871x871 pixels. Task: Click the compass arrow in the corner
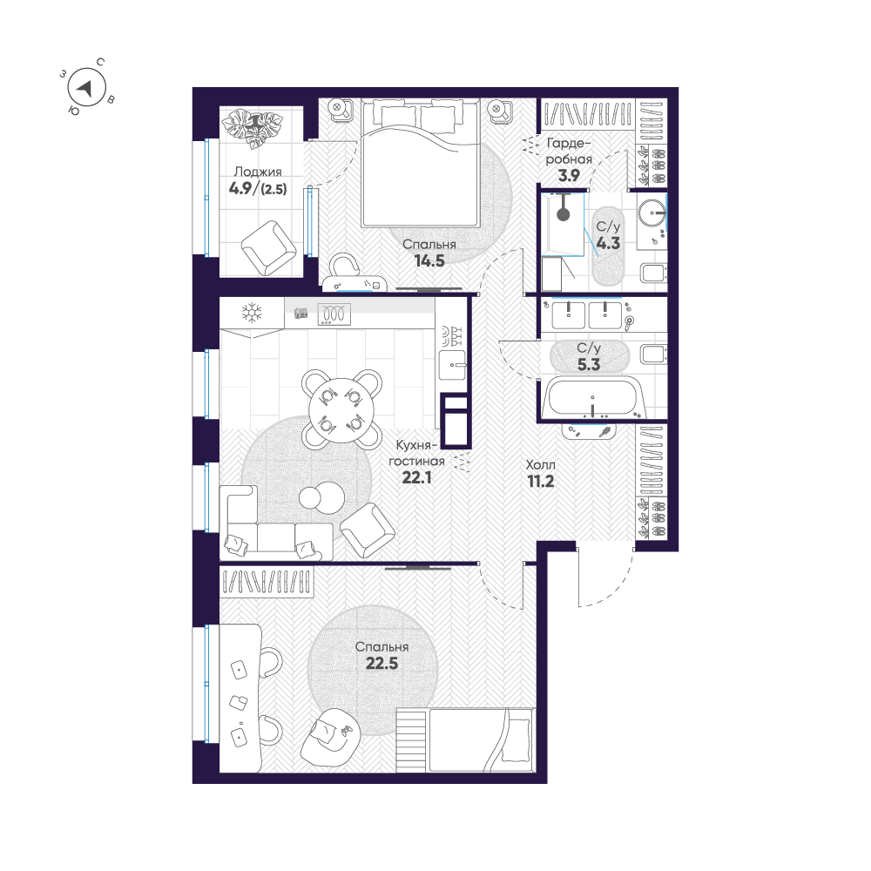85,87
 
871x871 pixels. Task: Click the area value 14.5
429,261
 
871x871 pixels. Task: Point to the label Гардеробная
569,152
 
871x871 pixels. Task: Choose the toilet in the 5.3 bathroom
653,354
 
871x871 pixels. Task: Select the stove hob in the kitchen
334,314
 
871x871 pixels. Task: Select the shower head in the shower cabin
564,213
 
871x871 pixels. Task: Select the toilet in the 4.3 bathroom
653,273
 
